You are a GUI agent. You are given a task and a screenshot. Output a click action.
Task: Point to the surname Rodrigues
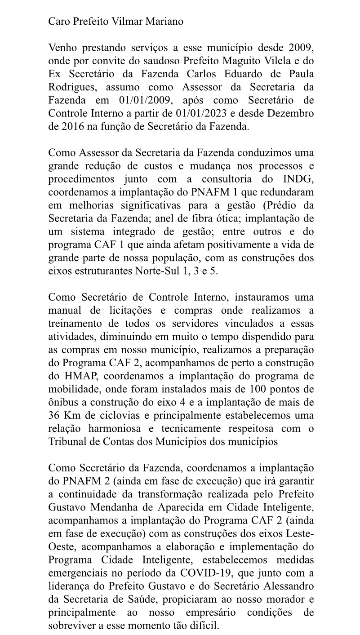click(x=72, y=87)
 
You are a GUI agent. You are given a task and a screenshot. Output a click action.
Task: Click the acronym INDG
click(x=298, y=179)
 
